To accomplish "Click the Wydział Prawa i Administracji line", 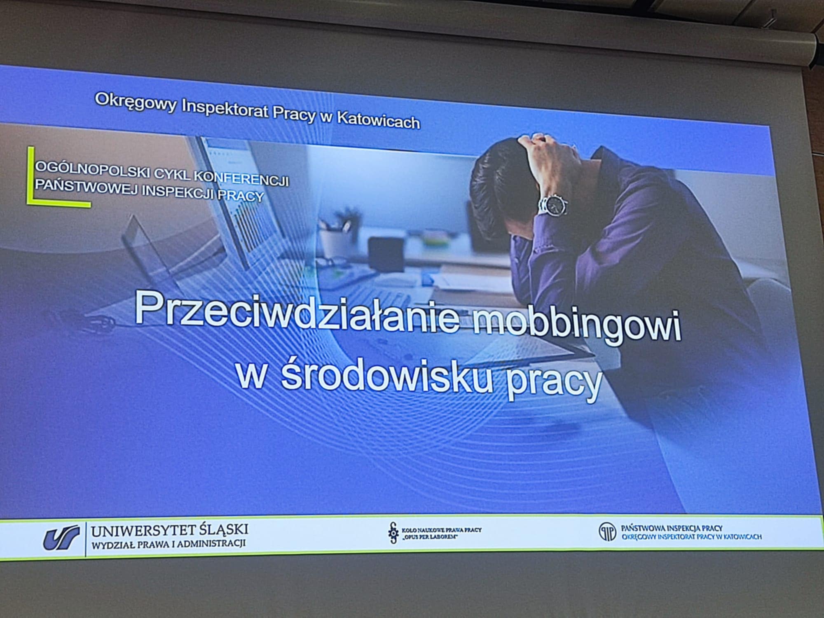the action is point(169,544).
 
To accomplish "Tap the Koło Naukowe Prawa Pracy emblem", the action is point(394,532).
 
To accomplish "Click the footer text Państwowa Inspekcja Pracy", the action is point(672,528).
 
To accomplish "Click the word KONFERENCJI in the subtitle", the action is point(241,178).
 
